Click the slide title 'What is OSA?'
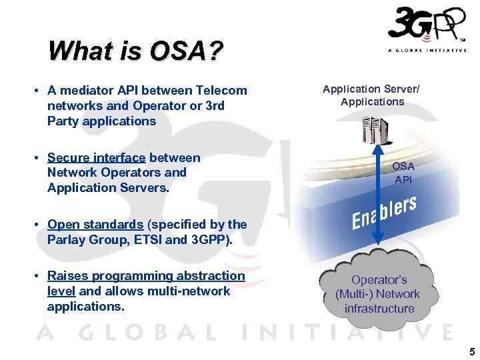135,51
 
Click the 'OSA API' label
403,173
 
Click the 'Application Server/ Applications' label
371,95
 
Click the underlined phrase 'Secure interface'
96,158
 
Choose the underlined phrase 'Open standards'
95,225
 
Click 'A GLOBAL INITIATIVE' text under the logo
427,51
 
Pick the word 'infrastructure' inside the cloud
379,309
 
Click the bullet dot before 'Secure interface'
39,158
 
